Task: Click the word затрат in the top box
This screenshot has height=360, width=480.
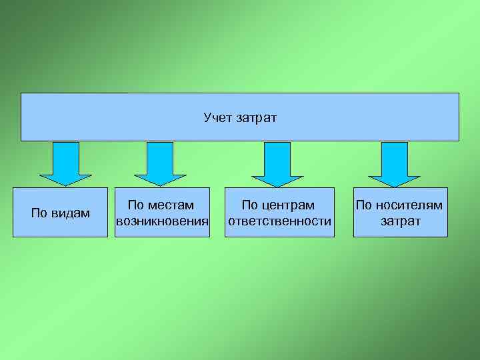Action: pos(255,118)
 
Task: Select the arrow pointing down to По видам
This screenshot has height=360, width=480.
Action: pos(65,163)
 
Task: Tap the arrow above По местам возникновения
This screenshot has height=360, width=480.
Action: pos(160,163)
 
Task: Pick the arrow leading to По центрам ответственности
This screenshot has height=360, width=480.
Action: pos(277,163)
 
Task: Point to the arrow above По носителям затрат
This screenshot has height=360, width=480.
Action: pos(394,163)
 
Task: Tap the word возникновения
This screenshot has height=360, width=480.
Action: pos(163,221)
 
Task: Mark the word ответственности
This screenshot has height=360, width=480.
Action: pos(279,221)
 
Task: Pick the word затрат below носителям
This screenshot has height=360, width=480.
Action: pos(401,221)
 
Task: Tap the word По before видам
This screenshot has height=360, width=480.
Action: pos(39,213)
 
